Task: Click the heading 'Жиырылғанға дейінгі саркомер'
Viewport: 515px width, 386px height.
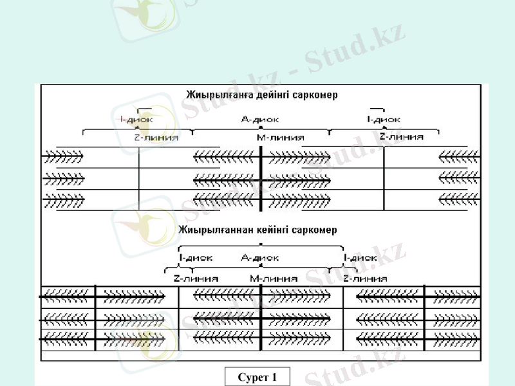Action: [261, 95]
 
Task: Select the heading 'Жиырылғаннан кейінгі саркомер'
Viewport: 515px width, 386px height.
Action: [257, 230]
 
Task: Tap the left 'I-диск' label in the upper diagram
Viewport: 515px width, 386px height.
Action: [136, 119]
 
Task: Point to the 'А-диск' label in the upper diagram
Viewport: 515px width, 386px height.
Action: [259, 119]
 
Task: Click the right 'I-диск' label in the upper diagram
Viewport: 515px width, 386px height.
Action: [383, 119]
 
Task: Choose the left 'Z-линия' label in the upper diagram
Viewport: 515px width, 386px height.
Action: [156, 137]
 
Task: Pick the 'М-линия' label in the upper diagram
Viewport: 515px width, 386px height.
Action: [280, 137]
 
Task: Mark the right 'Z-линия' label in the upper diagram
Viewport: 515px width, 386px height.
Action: [402, 136]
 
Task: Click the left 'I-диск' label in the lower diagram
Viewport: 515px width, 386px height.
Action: [196, 258]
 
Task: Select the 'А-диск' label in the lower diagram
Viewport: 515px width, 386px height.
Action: [259, 258]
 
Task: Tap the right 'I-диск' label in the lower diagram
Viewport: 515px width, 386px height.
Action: [360, 258]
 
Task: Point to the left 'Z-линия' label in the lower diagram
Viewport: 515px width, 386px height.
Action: [196, 279]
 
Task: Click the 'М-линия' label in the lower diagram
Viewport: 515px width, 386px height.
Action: [274, 279]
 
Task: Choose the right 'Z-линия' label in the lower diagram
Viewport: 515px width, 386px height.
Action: [365, 279]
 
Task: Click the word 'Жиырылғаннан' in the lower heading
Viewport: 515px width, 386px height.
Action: [211, 230]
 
